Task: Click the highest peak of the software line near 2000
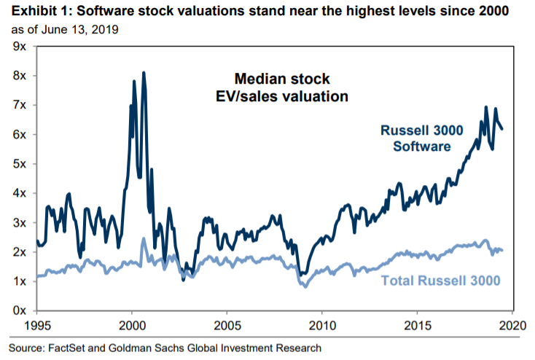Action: coord(143,73)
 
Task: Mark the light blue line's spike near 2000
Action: coord(143,238)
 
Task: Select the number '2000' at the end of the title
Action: coord(509,12)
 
